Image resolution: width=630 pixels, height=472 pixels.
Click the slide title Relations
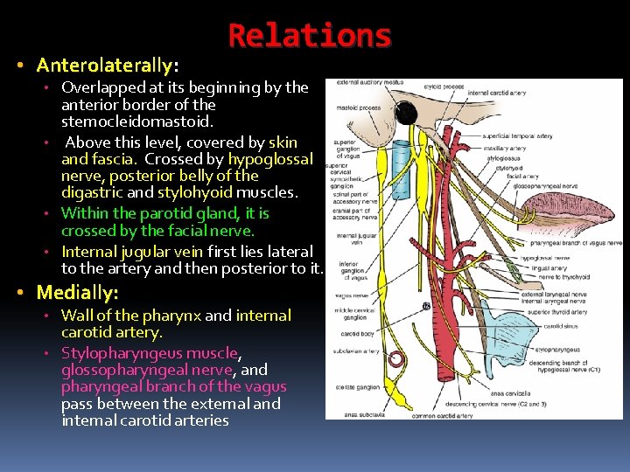[x=310, y=36]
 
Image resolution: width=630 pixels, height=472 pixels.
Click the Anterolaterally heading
[x=108, y=66]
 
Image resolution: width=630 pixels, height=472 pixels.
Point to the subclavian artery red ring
[x=396, y=358]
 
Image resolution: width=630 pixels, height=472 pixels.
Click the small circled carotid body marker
[x=426, y=306]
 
